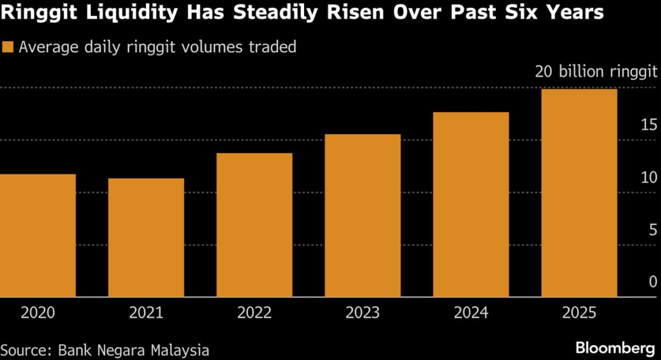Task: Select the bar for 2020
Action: point(37,235)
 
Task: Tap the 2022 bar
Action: point(254,225)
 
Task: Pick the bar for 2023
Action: point(363,215)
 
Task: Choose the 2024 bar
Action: point(471,205)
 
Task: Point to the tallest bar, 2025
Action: point(579,193)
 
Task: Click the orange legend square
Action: point(8,47)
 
